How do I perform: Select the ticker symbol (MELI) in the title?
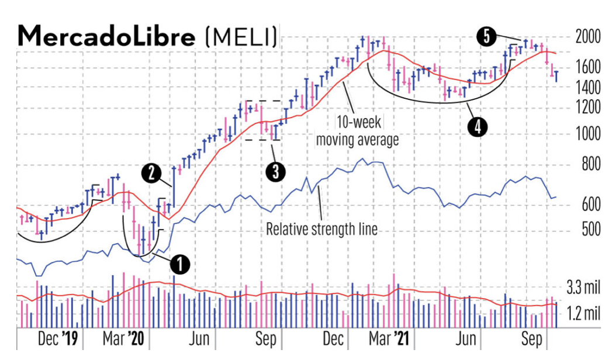point(241,37)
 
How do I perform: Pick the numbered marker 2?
point(151,172)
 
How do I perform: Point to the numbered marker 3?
point(274,171)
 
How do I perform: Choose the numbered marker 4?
point(478,126)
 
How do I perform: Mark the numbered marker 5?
point(486,37)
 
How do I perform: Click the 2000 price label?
point(587,37)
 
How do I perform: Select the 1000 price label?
point(587,134)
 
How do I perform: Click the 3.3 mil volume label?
point(583,288)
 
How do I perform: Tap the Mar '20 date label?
point(126,339)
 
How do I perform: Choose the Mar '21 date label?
point(393,339)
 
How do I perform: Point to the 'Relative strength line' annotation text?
point(322,229)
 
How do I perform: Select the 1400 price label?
point(587,89)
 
